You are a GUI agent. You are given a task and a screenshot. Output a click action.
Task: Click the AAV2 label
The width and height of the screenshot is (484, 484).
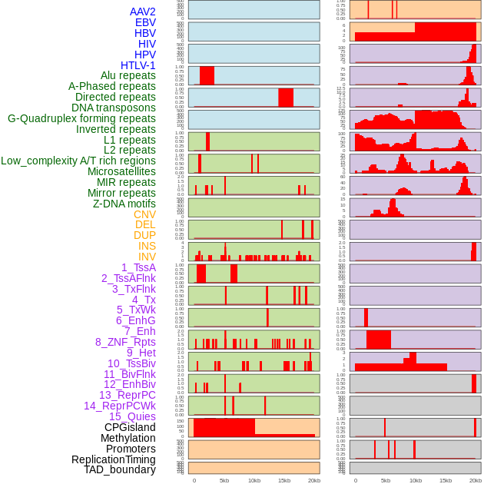coord(142,12)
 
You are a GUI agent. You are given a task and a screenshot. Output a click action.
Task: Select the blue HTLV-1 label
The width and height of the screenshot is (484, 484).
coord(138,65)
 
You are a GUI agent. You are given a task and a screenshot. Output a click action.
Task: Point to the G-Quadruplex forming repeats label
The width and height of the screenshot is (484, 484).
coord(81,118)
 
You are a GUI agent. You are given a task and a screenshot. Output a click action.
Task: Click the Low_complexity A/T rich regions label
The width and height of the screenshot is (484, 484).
coord(78,161)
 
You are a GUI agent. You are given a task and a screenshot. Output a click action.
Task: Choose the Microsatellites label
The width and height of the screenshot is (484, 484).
coord(121,171)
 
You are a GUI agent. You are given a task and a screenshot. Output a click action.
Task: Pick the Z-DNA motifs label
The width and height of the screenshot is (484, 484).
coord(124,204)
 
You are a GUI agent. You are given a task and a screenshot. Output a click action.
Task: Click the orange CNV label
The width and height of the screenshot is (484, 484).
coord(144,214)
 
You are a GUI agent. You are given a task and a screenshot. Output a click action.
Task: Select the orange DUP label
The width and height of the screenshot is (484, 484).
coord(144,235)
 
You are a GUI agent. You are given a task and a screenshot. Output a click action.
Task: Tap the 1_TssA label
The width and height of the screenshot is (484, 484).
coord(138,267)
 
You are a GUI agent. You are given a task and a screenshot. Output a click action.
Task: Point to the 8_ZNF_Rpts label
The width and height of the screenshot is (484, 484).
coord(125,342)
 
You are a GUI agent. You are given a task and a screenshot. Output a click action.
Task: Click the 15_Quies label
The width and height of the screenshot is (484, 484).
coord(132,416)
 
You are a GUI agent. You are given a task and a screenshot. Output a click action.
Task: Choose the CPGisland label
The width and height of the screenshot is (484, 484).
coord(130,427)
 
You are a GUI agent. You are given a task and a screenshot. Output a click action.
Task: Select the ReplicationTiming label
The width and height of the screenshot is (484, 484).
coord(113,459)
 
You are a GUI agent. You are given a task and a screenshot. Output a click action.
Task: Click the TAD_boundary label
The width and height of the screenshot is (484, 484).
coord(120,469)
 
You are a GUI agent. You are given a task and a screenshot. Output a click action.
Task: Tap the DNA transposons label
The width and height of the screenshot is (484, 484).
coord(114,108)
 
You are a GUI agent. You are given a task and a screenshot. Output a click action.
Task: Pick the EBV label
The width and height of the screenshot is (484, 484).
coord(145,22)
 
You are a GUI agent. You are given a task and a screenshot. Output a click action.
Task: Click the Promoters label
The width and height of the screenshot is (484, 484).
coord(131,449)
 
